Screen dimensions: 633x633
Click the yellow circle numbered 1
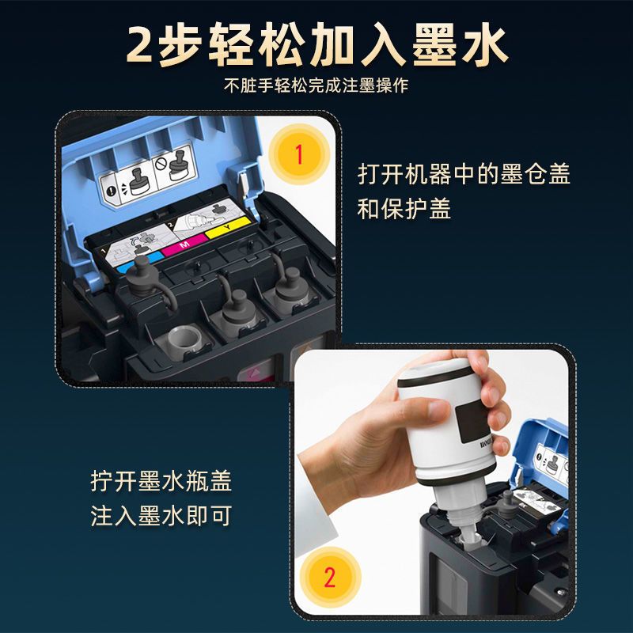tap(299, 154)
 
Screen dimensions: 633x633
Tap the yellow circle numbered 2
tap(330, 578)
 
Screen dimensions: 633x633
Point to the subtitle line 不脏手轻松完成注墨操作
tap(316, 85)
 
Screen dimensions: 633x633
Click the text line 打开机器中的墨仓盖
tap(464, 174)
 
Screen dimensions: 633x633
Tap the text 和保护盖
tap(404, 209)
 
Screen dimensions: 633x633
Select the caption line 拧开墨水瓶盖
tap(161, 481)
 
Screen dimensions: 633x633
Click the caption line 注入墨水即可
tap(161, 516)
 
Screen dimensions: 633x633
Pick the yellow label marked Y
tap(229, 227)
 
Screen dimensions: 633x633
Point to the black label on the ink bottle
tap(472, 423)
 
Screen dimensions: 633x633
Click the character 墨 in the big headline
tap(434, 45)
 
